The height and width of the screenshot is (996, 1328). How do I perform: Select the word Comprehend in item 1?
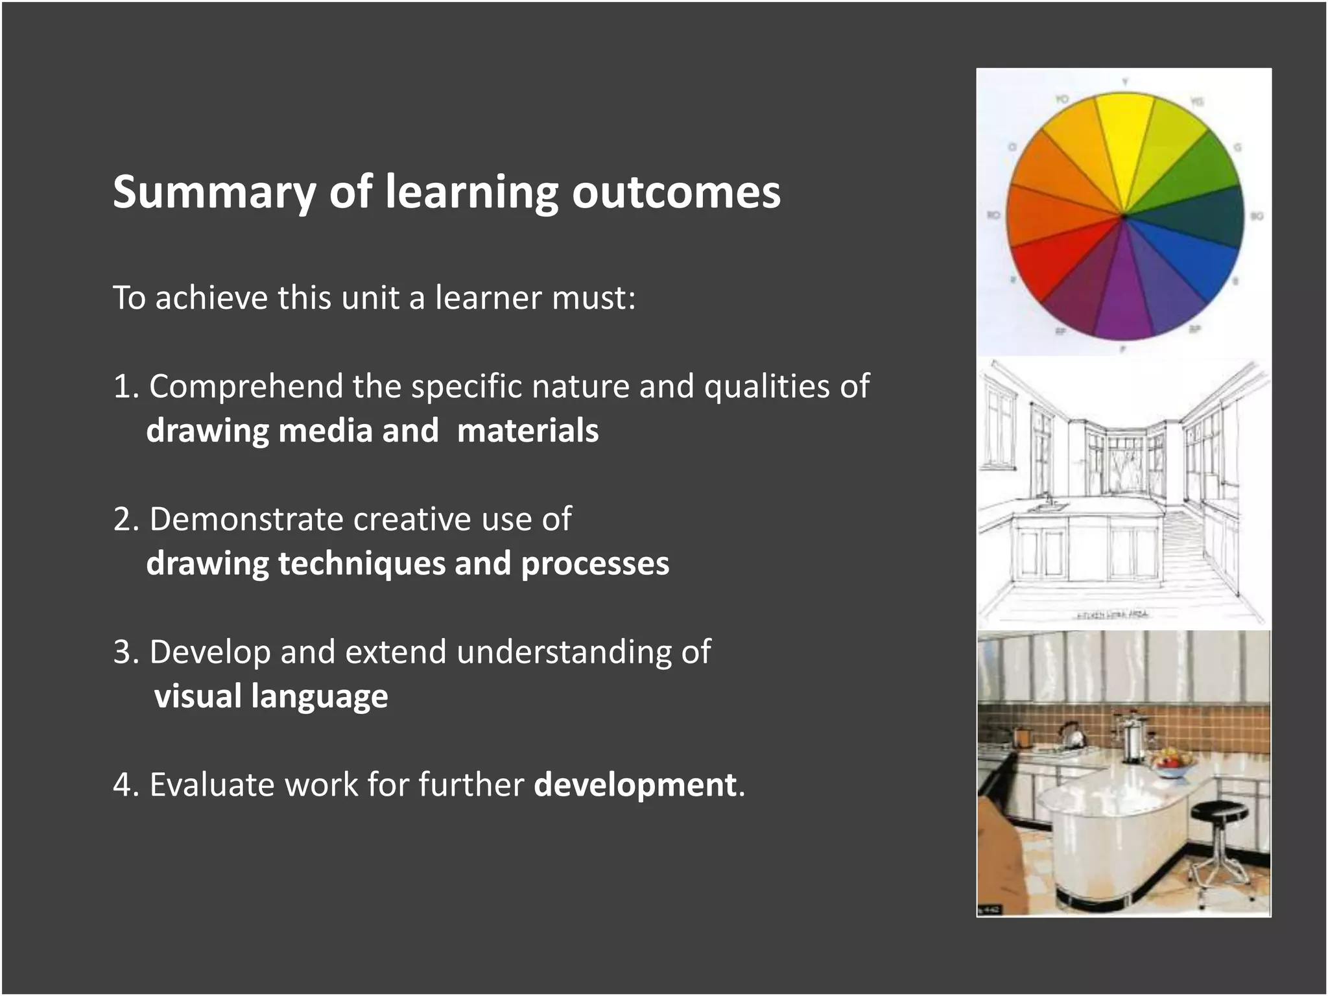tap(246, 387)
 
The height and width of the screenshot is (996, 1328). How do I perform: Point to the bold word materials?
tap(527, 431)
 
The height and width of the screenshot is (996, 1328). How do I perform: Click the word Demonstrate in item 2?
tap(246, 519)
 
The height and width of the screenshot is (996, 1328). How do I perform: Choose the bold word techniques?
tap(361, 563)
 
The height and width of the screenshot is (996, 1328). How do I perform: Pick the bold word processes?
tap(595, 563)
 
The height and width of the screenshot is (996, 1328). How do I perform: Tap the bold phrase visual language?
tap(271, 696)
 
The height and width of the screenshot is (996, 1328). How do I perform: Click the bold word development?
tap(635, 785)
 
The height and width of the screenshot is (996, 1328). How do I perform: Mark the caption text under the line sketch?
tap(1113, 615)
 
